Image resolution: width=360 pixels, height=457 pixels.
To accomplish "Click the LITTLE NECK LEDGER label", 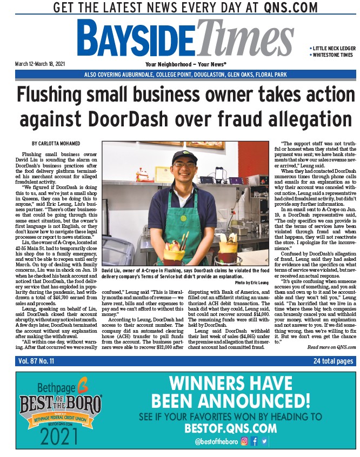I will (332, 48).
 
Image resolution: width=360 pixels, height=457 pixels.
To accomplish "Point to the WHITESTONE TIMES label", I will (332, 55).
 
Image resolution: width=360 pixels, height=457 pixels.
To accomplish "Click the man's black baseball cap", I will (184, 157).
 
